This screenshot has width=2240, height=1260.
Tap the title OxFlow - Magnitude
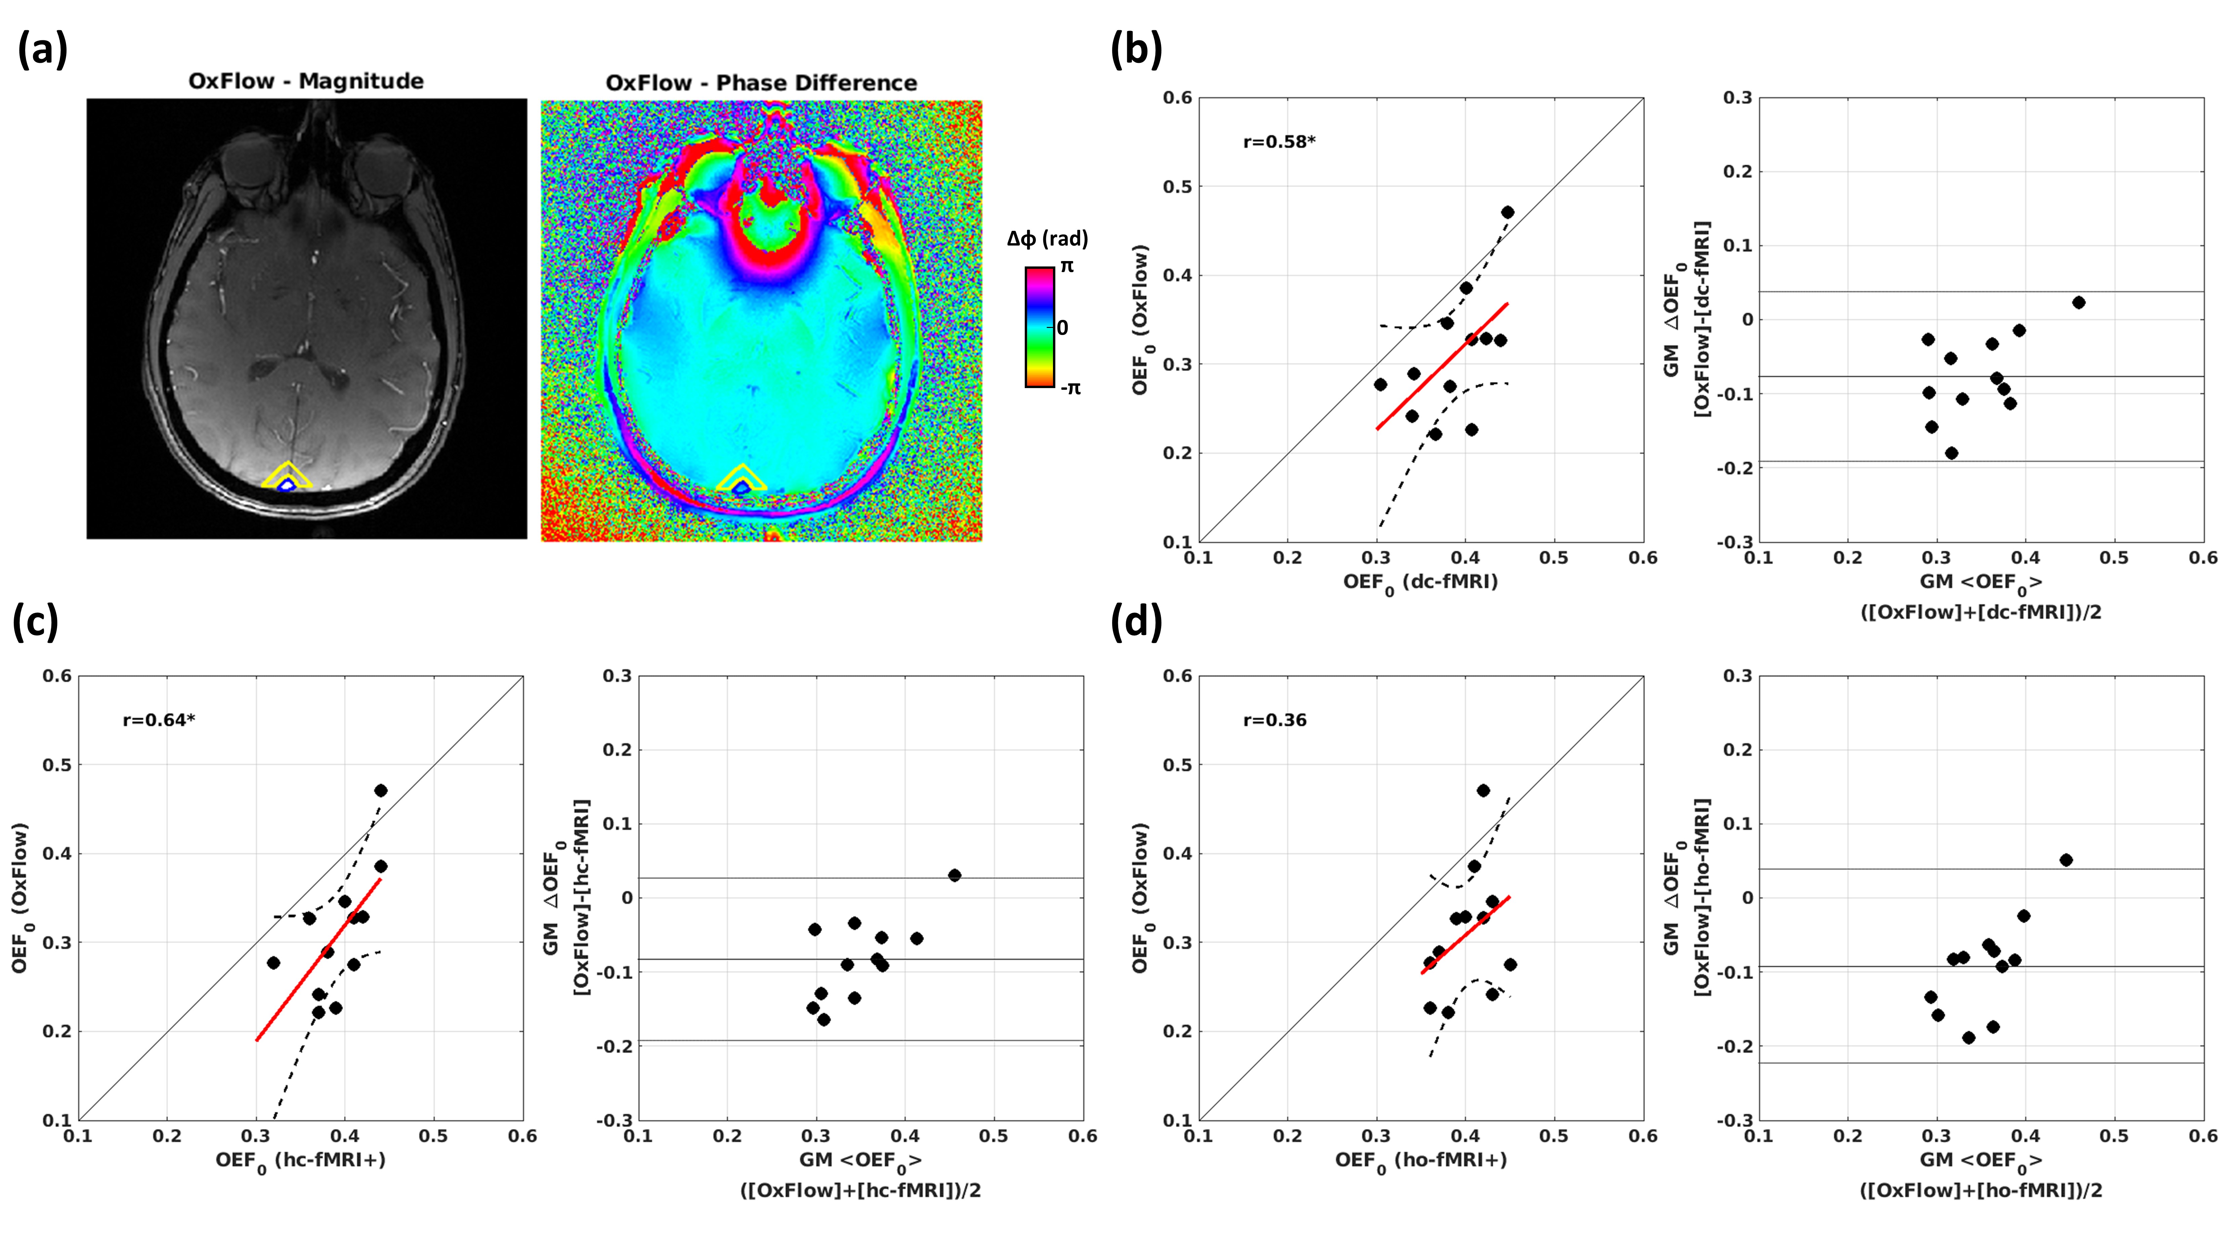coord(306,82)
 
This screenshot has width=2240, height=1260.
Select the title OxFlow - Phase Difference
coord(761,83)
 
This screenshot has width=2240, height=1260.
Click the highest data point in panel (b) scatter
coord(1507,212)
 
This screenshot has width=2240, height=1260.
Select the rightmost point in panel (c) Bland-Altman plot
coord(954,875)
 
